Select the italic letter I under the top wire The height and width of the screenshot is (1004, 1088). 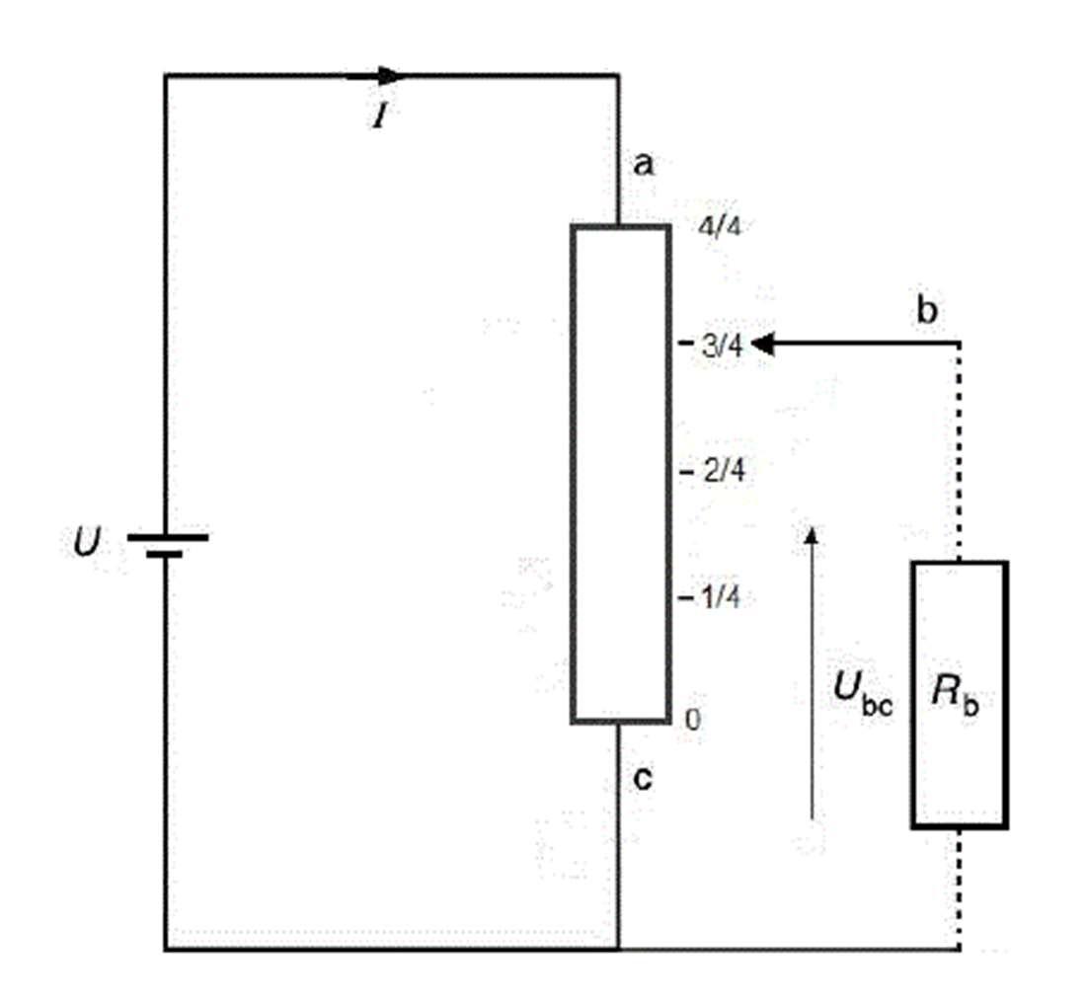pos(379,116)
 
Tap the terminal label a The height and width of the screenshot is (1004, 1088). pos(644,165)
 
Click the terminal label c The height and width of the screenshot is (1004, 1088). pos(644,780)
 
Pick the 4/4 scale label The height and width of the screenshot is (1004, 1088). pos(719,227)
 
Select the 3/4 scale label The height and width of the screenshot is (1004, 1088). pos(723,345)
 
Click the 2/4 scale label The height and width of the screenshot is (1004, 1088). pos(725,471)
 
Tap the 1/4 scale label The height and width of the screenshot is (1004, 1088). pos(721,597)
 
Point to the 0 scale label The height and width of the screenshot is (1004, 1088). pos(692,721)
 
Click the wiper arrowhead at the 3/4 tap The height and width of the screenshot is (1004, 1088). pos(762,344)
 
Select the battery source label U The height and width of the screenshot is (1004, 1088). pos(88,542)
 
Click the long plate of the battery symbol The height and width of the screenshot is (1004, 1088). pos(167,537)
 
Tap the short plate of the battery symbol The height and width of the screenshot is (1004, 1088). pos(165,555)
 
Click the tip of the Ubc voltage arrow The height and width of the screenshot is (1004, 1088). pos(813,528)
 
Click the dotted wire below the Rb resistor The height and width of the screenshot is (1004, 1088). pos(960,888)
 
